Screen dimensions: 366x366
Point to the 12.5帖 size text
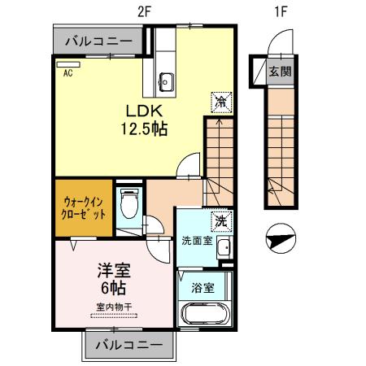click(145, 129)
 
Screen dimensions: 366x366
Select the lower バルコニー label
click(128, 345)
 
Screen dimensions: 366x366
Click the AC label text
click(68, 72)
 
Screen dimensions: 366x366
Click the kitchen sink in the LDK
click(167, 80)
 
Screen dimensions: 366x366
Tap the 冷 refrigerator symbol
click(220, 101)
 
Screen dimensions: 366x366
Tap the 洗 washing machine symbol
click(220, 220)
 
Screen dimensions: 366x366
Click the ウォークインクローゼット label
click(84, 205)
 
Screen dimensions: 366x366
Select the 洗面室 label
click(195, 241)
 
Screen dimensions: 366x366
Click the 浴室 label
click(203, 286)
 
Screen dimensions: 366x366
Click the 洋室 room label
click(114, 270)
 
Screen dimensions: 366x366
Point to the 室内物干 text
click(114, 307)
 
